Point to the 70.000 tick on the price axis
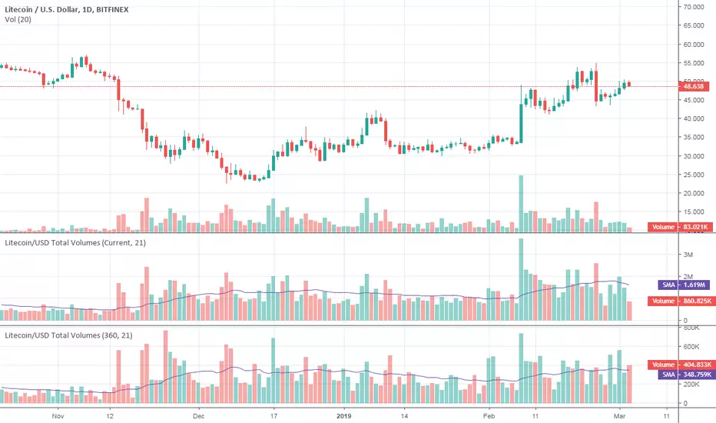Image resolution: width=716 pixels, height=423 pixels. point(694,7)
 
